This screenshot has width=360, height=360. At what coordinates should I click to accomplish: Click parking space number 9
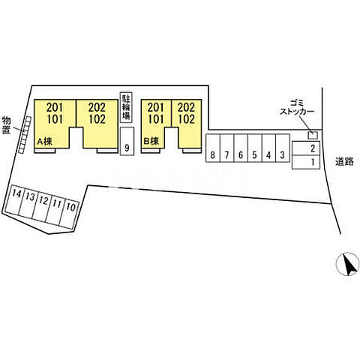coord(127,141)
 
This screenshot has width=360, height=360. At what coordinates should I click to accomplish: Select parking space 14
coord(13,199)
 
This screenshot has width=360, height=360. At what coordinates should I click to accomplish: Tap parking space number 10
coord(69,213)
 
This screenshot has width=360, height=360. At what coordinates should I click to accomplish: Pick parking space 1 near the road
coord(306,162)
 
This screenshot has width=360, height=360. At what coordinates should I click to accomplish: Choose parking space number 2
coord(306,148)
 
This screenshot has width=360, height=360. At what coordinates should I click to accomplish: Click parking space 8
coord(213,148)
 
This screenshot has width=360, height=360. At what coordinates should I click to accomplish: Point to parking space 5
coord(255,148)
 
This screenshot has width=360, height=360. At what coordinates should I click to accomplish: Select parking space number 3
coord(283,148)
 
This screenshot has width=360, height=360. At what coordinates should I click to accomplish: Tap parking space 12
coord(41,206)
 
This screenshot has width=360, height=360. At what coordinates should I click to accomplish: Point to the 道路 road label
coord(344,162)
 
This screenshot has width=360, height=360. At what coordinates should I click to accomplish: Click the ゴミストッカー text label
coord(297,107)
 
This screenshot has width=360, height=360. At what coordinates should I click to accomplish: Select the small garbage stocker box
coord(313,135)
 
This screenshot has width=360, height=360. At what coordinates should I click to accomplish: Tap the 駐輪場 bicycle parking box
coord(126,108)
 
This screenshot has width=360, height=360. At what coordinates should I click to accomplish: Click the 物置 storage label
coord(7,125)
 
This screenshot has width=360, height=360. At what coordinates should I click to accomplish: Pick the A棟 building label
coord(45,142)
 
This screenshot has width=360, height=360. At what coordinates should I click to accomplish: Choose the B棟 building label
coord(151,142)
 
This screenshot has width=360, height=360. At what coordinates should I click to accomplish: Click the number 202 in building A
coord(97,107)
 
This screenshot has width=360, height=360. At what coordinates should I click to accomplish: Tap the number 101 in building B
coord(156,119)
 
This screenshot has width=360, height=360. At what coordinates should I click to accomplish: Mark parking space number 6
coord(241,148)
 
